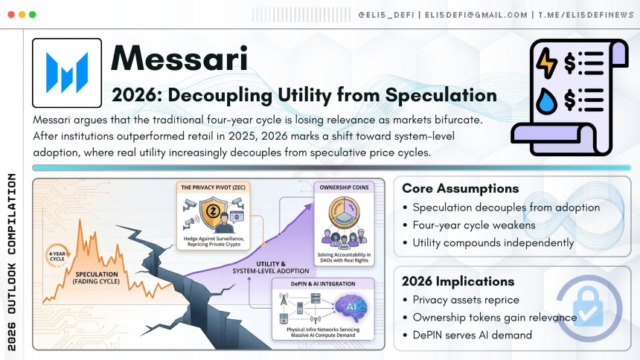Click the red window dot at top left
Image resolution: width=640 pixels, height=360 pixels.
(x=10, y=14)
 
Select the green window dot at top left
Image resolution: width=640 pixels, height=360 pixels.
(x=32, y=14)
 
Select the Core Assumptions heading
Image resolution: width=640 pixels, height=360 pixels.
(x=461, y=188)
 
